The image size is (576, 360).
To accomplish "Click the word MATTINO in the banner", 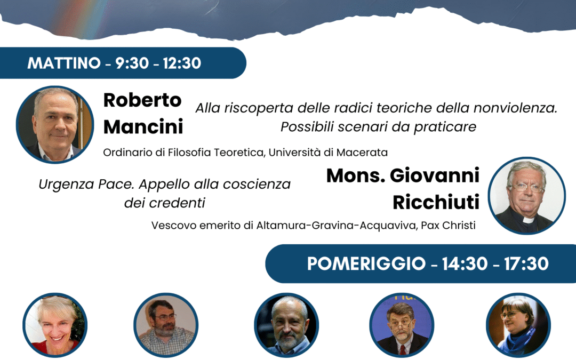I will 64,63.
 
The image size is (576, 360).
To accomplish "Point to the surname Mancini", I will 143,127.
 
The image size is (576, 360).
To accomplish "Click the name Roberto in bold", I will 142,100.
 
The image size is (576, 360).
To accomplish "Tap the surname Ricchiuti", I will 436,203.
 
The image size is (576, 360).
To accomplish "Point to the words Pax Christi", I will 448,225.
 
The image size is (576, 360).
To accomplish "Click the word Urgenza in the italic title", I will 61,185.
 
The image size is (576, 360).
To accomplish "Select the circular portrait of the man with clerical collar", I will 526,196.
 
